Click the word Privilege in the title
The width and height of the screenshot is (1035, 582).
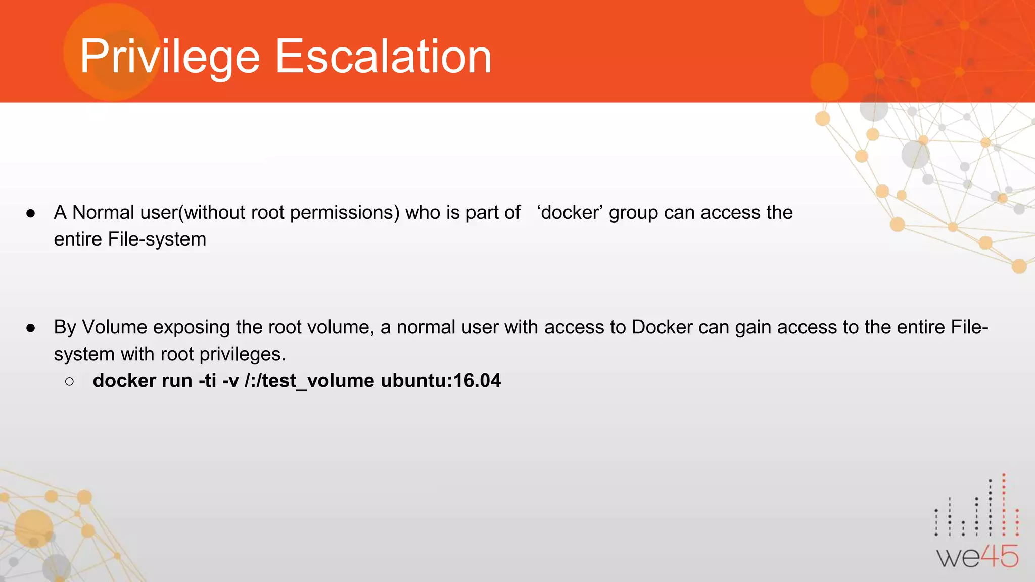[169, 57]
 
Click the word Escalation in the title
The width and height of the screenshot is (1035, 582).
[383, 57]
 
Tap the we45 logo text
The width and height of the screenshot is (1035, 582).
[977, 557]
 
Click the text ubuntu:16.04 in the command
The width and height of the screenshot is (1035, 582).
[441, 381]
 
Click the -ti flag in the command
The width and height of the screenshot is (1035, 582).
[207, 381]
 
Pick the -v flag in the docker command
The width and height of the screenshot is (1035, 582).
[230, 381]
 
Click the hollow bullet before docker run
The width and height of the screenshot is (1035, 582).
[70, 381]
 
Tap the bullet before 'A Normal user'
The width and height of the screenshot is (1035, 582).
[31, 213]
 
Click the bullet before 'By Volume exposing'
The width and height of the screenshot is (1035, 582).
[31, 328]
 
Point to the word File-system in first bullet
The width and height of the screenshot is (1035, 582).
[157, 239]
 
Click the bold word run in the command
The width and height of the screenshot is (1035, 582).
[177, 381]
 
